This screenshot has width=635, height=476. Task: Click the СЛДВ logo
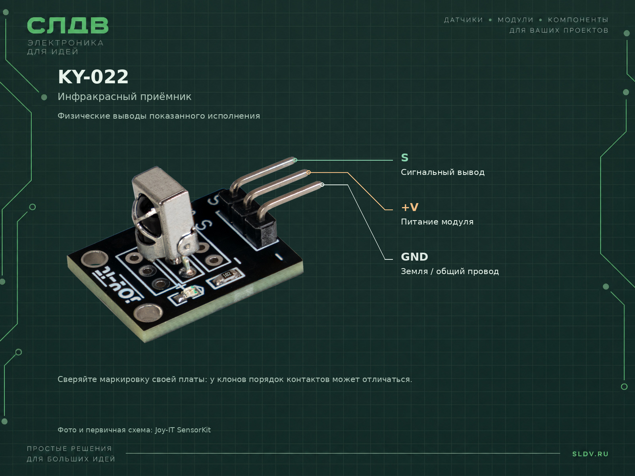(68, 25)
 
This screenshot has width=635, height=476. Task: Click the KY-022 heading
(93, 77)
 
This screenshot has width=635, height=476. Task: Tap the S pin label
(405, 158)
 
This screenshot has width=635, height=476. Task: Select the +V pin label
(410, 207)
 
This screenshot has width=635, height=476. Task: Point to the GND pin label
(414, 257)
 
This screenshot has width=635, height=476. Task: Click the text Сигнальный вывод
(443, 172)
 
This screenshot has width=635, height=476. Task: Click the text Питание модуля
(437, 222)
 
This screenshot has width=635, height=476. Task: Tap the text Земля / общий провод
(450, 271)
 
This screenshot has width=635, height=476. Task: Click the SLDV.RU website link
(590, 454)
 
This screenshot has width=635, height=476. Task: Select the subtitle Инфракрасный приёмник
(124, 96)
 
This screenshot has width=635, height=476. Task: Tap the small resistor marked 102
(227, 277)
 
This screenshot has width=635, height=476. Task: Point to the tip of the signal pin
(294, 160)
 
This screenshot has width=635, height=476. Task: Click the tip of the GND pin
(322, 185)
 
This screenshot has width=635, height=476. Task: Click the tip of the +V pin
(308, 172)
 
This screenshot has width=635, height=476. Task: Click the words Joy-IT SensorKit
(183, 430)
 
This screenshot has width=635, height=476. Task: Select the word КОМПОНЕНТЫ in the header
(578, 20)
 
